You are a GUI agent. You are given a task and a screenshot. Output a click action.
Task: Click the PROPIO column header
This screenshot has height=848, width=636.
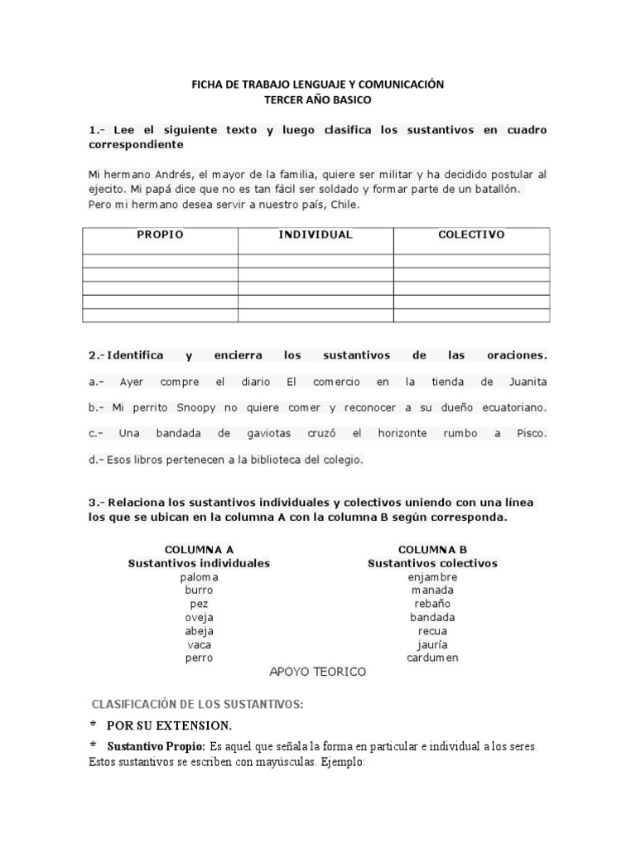(x=160, y=234)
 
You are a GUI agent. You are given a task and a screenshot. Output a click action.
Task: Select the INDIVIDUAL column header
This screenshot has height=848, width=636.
(x=315, y=234)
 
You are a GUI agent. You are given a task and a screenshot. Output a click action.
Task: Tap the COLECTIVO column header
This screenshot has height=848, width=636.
(x=471, y=234)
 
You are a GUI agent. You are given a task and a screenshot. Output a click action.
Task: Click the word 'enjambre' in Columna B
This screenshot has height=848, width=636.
(x=432, y=576)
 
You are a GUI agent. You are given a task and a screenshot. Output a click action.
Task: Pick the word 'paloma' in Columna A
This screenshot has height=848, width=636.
(x=199, y=576)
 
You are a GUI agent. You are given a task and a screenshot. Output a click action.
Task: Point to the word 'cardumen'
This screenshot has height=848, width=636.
(x=432, y=658)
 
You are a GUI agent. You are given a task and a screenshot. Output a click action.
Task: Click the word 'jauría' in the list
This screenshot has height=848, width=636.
(x=432, y=644)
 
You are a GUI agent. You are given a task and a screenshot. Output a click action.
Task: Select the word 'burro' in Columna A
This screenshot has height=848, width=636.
(x=199, y=590)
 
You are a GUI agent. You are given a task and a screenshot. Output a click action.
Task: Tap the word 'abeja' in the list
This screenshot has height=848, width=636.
(x=199, y=631)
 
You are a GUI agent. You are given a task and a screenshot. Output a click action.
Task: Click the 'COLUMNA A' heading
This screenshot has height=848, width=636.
(x=199, y=549)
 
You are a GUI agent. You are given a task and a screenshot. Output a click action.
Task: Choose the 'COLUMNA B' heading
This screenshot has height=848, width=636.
(x=432, y=549)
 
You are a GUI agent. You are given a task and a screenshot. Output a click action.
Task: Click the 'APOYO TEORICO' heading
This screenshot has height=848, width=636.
(x=318, y=672)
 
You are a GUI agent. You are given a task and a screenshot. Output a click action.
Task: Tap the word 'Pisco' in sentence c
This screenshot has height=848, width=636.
(x=530, y=433)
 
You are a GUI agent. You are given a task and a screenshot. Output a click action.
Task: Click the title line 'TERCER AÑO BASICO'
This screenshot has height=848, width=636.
(x=318, y=99)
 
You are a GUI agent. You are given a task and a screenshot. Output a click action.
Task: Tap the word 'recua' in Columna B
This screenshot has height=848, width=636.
(x=432, y=631)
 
